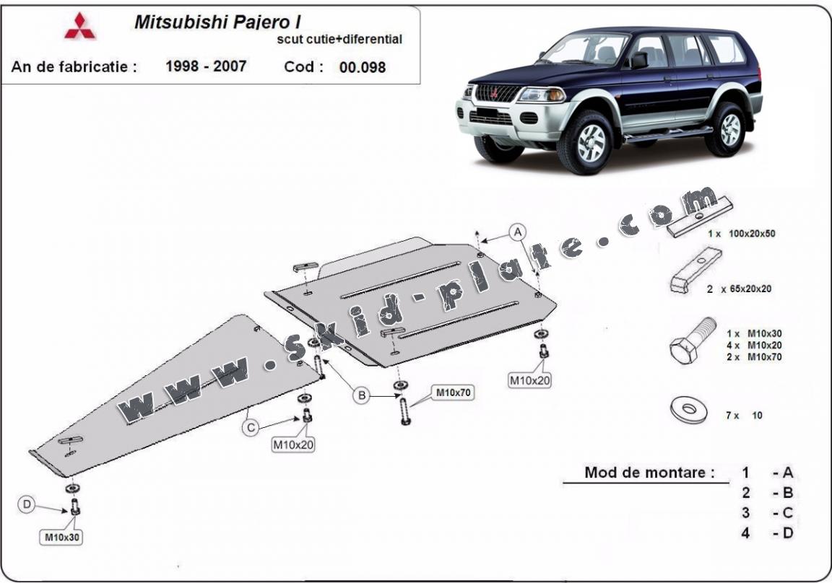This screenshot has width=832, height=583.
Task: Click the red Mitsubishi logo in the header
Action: pos(79,27)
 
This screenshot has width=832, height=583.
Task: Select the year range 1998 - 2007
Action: pos(206,66)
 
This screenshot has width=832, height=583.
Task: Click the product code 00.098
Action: pos(362,68)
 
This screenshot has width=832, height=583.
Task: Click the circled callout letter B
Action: pos(361,394)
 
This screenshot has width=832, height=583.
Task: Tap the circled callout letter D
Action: pos(27,505)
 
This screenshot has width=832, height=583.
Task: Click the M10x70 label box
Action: pos(452,393)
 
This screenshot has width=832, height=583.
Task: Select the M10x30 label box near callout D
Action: pos(62,536)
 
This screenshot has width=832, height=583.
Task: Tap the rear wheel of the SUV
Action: pos(727,128)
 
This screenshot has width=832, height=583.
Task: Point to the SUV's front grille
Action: pos(498,93)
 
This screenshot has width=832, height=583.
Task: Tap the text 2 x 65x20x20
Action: pos(740,289)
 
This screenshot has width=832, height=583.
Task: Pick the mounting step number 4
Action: pos(745,533)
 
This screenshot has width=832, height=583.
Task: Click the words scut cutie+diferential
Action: pos(339,40)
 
